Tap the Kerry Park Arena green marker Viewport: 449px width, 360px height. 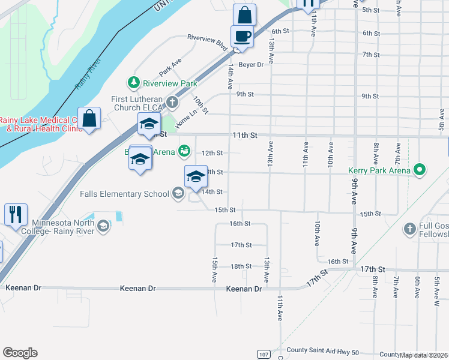coord(420,170)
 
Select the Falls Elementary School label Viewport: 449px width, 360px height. coord(125,194)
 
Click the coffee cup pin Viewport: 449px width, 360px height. coord(243,36)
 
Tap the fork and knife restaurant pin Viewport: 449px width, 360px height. coord(15,214)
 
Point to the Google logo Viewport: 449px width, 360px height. coord(20,353)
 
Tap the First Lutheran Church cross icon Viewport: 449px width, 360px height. coord(173,102)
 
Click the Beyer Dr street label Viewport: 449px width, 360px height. coord(251,64)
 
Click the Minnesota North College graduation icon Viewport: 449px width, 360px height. coord(103,226)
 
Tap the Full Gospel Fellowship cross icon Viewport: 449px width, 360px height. coord(409,229)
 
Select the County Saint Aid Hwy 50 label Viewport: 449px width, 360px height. coord(322,350)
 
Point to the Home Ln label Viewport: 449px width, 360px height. coord(186,117)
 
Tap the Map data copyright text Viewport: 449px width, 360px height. coord(423,355)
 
